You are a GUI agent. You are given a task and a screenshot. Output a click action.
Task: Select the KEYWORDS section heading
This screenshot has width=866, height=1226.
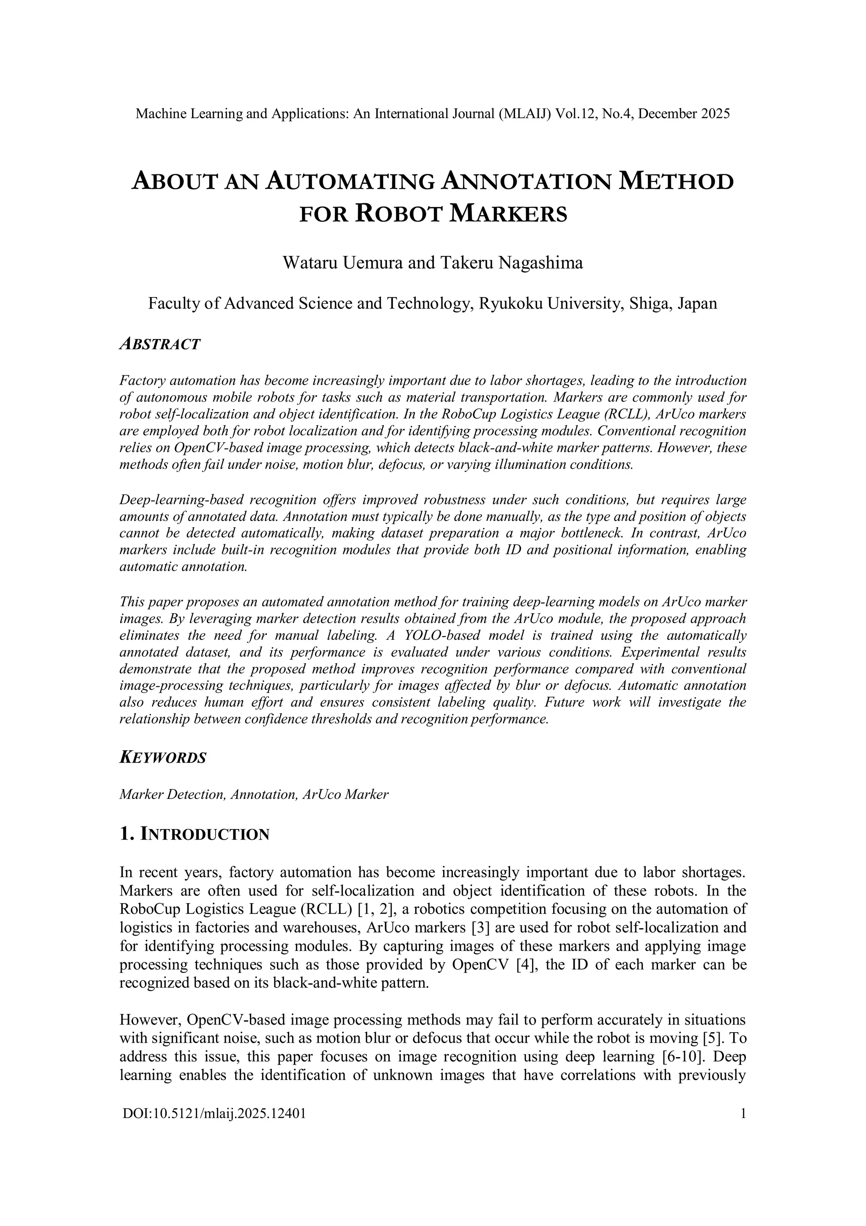[162, 758]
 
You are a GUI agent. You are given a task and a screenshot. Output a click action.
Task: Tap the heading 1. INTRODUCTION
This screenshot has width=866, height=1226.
[194, 834]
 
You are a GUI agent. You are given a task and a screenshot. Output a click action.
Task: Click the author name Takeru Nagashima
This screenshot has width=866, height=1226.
[512, 263]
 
